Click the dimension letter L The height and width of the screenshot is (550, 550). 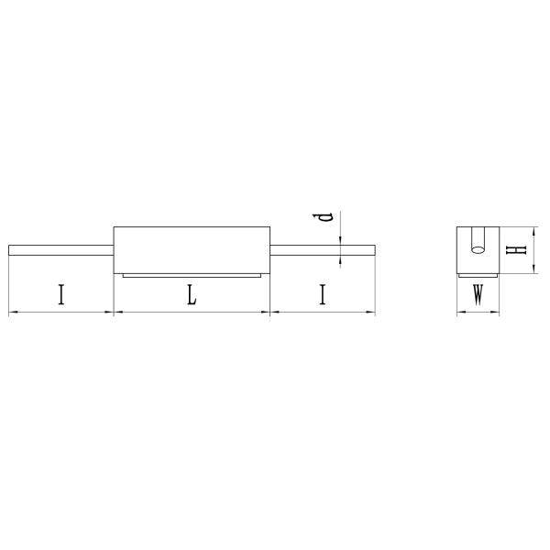tap(191, 295)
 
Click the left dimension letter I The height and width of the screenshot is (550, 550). tap(60, 295)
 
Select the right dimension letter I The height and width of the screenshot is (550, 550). tap(323, 295)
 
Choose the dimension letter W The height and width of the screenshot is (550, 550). tap(478, 296)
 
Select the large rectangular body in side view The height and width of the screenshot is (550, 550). tap(192, 249)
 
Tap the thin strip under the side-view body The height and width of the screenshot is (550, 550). tap(192, 274)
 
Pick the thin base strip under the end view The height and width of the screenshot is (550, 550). tap(478, 274)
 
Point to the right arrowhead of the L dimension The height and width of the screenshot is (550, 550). tap(268, 313)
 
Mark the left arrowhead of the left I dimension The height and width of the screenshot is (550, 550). tap(12, 313)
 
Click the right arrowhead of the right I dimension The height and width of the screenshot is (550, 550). tap(371, 313)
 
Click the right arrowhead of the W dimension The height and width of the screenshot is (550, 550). tap(495, 313)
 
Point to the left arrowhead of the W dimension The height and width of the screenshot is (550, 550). tap(460, 313)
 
